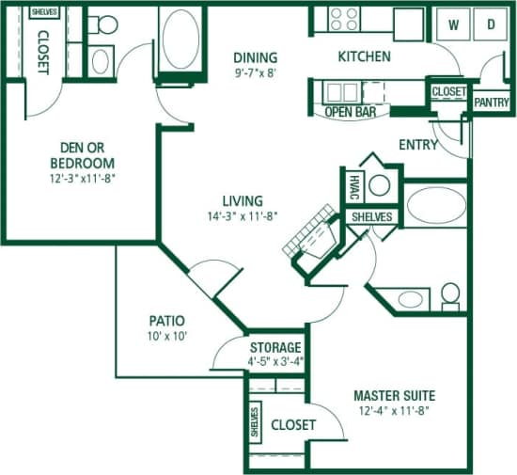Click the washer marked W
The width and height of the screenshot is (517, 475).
coord(454,24)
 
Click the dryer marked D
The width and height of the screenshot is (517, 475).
coord(490,24)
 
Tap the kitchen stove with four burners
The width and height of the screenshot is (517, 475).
coord(344,20)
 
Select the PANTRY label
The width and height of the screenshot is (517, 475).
coord(491,101)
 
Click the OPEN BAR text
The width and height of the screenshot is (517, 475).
coord(351,111)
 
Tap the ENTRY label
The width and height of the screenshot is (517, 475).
coord(418,145)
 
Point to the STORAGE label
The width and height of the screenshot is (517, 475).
coord(275,346)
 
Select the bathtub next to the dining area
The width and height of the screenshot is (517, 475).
coord(180,40)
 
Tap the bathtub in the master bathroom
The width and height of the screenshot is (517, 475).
coord(435,206)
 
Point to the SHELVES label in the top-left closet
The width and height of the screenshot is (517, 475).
coord(43,11)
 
